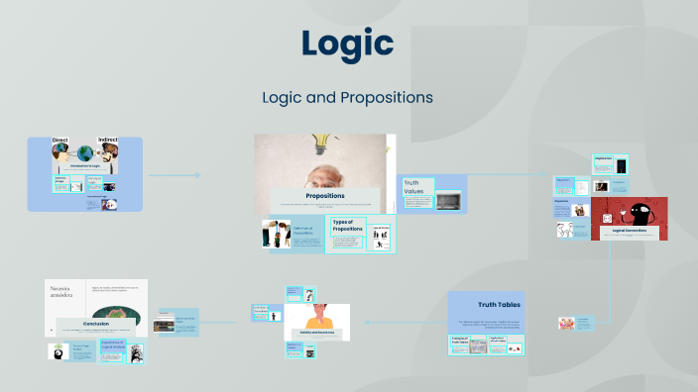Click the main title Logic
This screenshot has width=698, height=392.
point(348,44)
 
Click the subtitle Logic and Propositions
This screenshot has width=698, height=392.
point(348,98)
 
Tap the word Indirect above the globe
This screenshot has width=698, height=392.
point(107,141)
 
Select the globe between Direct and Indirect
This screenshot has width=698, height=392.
point(85,153)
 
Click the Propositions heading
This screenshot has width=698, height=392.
point(325,196)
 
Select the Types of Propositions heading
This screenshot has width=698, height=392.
point(347,227)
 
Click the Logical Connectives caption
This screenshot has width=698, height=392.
point(630,230)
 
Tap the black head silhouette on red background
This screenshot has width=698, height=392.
point(633,212)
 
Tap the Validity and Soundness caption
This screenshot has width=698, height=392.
point(316,333)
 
